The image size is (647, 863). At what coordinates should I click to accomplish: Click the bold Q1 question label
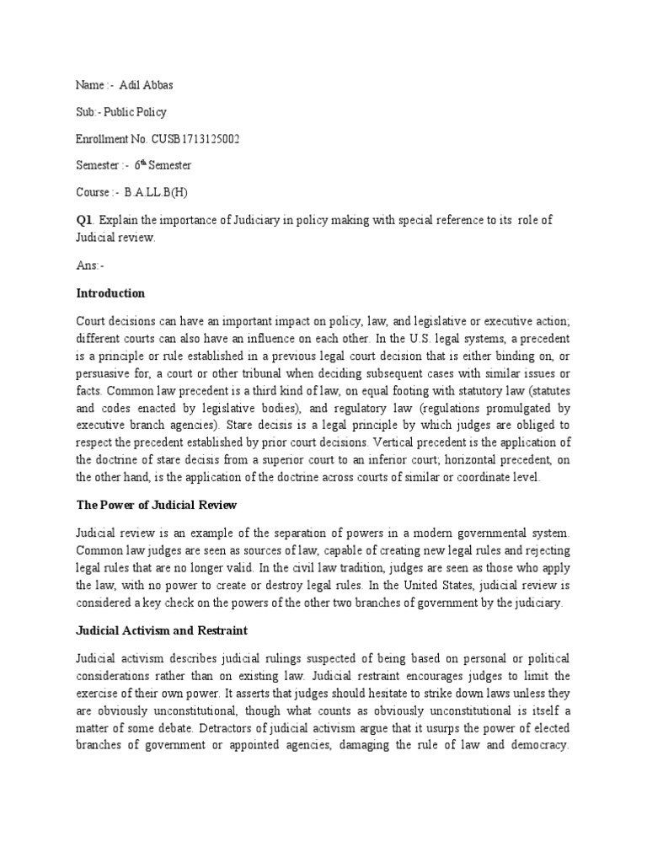[83, 220]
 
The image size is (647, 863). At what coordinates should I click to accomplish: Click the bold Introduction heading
[110, 293]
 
